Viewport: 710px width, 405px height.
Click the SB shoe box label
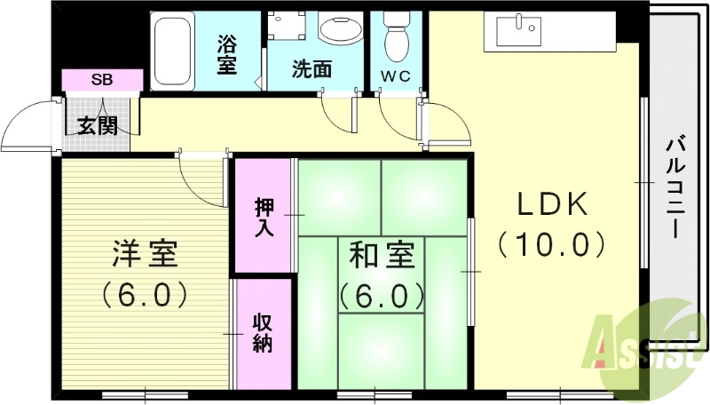[x=102, y=80]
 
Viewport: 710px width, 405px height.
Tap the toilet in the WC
[x=395, y=36]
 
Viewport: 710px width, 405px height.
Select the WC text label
[x=396, y=76]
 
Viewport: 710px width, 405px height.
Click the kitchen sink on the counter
[x=519, y=30]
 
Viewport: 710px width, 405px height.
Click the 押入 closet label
[x=264, y=216]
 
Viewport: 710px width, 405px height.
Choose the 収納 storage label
[x=264, y=332]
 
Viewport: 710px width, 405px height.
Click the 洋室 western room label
[x=145, y=254]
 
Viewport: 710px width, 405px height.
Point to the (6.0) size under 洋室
[x=145, y=292]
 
